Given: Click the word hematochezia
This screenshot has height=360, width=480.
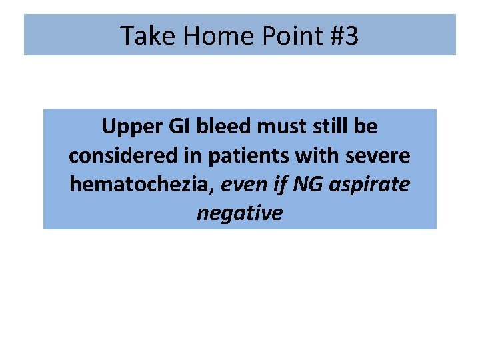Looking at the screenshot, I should tap(140, 184).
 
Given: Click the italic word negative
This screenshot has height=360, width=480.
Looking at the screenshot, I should tap(239, 213).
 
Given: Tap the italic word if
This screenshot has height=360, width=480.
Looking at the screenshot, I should tap(279, 184).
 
